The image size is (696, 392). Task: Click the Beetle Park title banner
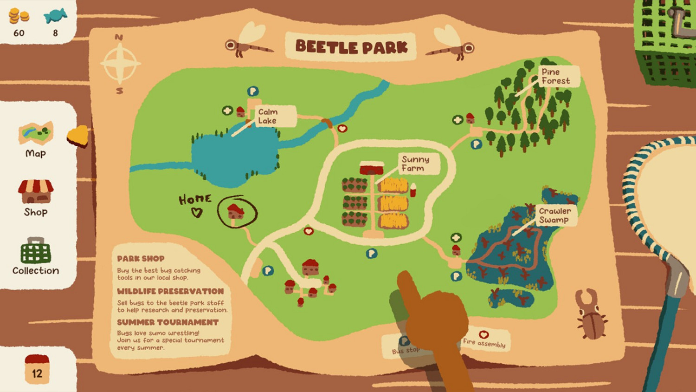tap(351, 46)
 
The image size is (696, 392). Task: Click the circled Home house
tap(236, 212)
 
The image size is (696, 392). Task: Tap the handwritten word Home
tap(195, 199)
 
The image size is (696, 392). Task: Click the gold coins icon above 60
tap(19, 16)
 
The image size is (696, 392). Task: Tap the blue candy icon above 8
tap(55, 16)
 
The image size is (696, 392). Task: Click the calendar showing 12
tap(37, 370)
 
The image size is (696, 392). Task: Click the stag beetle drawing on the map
tap(590, 315)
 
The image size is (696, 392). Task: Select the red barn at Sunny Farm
tap(372, 168)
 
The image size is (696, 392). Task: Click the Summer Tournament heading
tap(168, 322)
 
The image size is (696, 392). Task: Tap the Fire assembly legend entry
tap(484, 340)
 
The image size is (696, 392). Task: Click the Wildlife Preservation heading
tap(170, 291)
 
